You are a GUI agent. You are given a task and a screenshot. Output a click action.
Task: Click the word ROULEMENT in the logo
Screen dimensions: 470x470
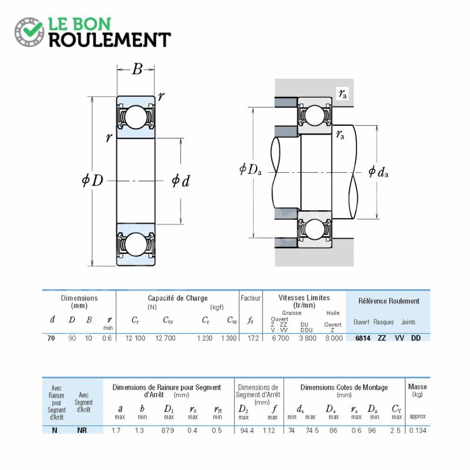point(110,40)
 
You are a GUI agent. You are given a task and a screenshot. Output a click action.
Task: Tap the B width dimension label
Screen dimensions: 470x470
point(137,69)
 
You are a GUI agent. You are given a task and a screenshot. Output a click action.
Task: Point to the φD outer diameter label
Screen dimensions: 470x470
point(92,180)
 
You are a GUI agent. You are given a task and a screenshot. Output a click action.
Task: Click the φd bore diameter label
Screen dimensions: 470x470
point(180,181)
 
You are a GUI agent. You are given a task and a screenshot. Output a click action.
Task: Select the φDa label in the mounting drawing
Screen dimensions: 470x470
point(250,169)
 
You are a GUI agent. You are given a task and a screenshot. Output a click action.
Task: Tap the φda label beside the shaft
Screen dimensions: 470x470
point(378,172)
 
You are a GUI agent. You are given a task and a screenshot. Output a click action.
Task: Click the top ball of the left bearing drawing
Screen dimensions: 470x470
point(136,116)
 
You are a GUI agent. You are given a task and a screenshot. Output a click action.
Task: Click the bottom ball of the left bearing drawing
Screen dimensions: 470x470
point(136,244)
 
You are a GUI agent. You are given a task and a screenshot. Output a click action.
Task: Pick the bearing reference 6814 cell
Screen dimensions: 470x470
point(362,338)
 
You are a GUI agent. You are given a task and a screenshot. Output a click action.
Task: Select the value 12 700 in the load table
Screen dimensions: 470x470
point(166,338)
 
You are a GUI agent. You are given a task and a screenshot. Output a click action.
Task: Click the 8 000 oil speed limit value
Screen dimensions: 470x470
point(334,338)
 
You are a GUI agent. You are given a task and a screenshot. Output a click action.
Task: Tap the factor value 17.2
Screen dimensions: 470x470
point(253,338)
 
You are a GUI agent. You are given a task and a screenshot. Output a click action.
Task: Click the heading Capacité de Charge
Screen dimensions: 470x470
point(178,298)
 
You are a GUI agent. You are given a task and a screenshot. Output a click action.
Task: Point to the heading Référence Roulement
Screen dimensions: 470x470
point(389,301)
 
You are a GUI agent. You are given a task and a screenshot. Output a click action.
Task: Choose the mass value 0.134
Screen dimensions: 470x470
point(418,431)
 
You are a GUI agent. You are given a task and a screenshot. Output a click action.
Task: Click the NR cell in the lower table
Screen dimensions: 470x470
point(82,431)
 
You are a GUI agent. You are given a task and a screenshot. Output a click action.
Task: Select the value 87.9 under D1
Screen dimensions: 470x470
point(167,431)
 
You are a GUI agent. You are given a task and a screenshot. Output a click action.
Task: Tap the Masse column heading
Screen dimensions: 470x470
point(417,387)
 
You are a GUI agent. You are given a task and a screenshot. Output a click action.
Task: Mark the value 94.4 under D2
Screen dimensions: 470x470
point(247,431)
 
